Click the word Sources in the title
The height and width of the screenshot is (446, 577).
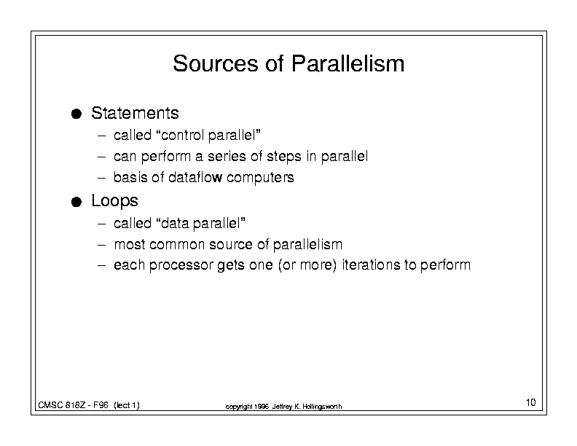pos(215,63)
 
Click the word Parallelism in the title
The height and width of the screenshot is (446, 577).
pos(348,63)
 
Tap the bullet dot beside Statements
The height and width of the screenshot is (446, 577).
pos(76,114)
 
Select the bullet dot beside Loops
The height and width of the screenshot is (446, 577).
pos(76,202)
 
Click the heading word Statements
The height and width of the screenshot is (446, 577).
pos(135,113)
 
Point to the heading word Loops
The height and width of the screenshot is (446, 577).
pos(115,201)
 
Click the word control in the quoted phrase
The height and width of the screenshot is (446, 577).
pos(183,135)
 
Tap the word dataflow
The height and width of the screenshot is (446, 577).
pos(195,177)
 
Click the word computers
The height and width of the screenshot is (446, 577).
pos(260,178)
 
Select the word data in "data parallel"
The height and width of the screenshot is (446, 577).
pos(175,224)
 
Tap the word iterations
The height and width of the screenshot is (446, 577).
pos(371,265)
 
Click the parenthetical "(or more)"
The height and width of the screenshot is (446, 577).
pos(307,265)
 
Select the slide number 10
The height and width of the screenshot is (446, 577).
pos(530,402)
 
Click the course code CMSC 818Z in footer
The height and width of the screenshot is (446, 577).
pos(62,405)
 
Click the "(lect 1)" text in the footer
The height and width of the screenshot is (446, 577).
pos(127,405)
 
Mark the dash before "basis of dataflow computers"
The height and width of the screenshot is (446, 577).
pos(102,178)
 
